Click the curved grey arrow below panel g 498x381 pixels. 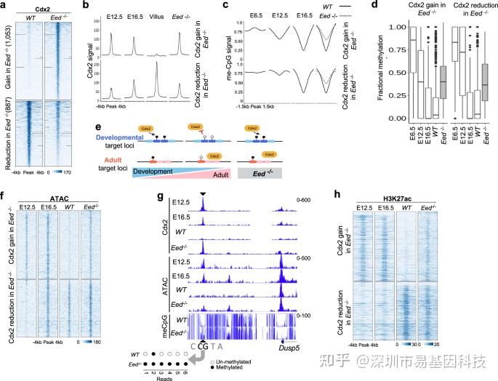click(x=193, y=355)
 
